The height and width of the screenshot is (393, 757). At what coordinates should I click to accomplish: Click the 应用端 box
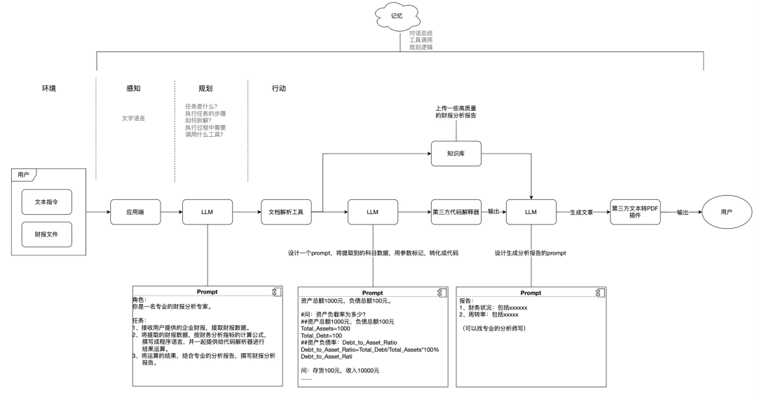[x=135, y=211]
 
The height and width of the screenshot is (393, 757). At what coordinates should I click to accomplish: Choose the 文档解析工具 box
[x=286, y=211]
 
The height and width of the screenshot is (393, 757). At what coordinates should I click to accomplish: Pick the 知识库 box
[x=456, y=153]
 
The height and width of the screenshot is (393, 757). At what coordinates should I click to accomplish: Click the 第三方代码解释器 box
[x=456, y=211]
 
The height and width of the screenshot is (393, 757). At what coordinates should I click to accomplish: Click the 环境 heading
[x=48, y=89]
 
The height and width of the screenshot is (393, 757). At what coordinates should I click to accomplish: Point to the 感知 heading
[x=132, y=89]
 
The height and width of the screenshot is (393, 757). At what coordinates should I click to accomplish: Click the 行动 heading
[x=278, y=89]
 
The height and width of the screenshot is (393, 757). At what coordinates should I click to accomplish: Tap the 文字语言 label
[x=133, y=118]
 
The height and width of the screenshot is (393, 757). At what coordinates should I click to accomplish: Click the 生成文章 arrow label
[x=583, y=211]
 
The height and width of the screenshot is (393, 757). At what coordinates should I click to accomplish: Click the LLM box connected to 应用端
[x=207, y=211]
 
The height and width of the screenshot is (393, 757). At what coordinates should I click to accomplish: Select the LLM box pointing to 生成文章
[x=531, y=211]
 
